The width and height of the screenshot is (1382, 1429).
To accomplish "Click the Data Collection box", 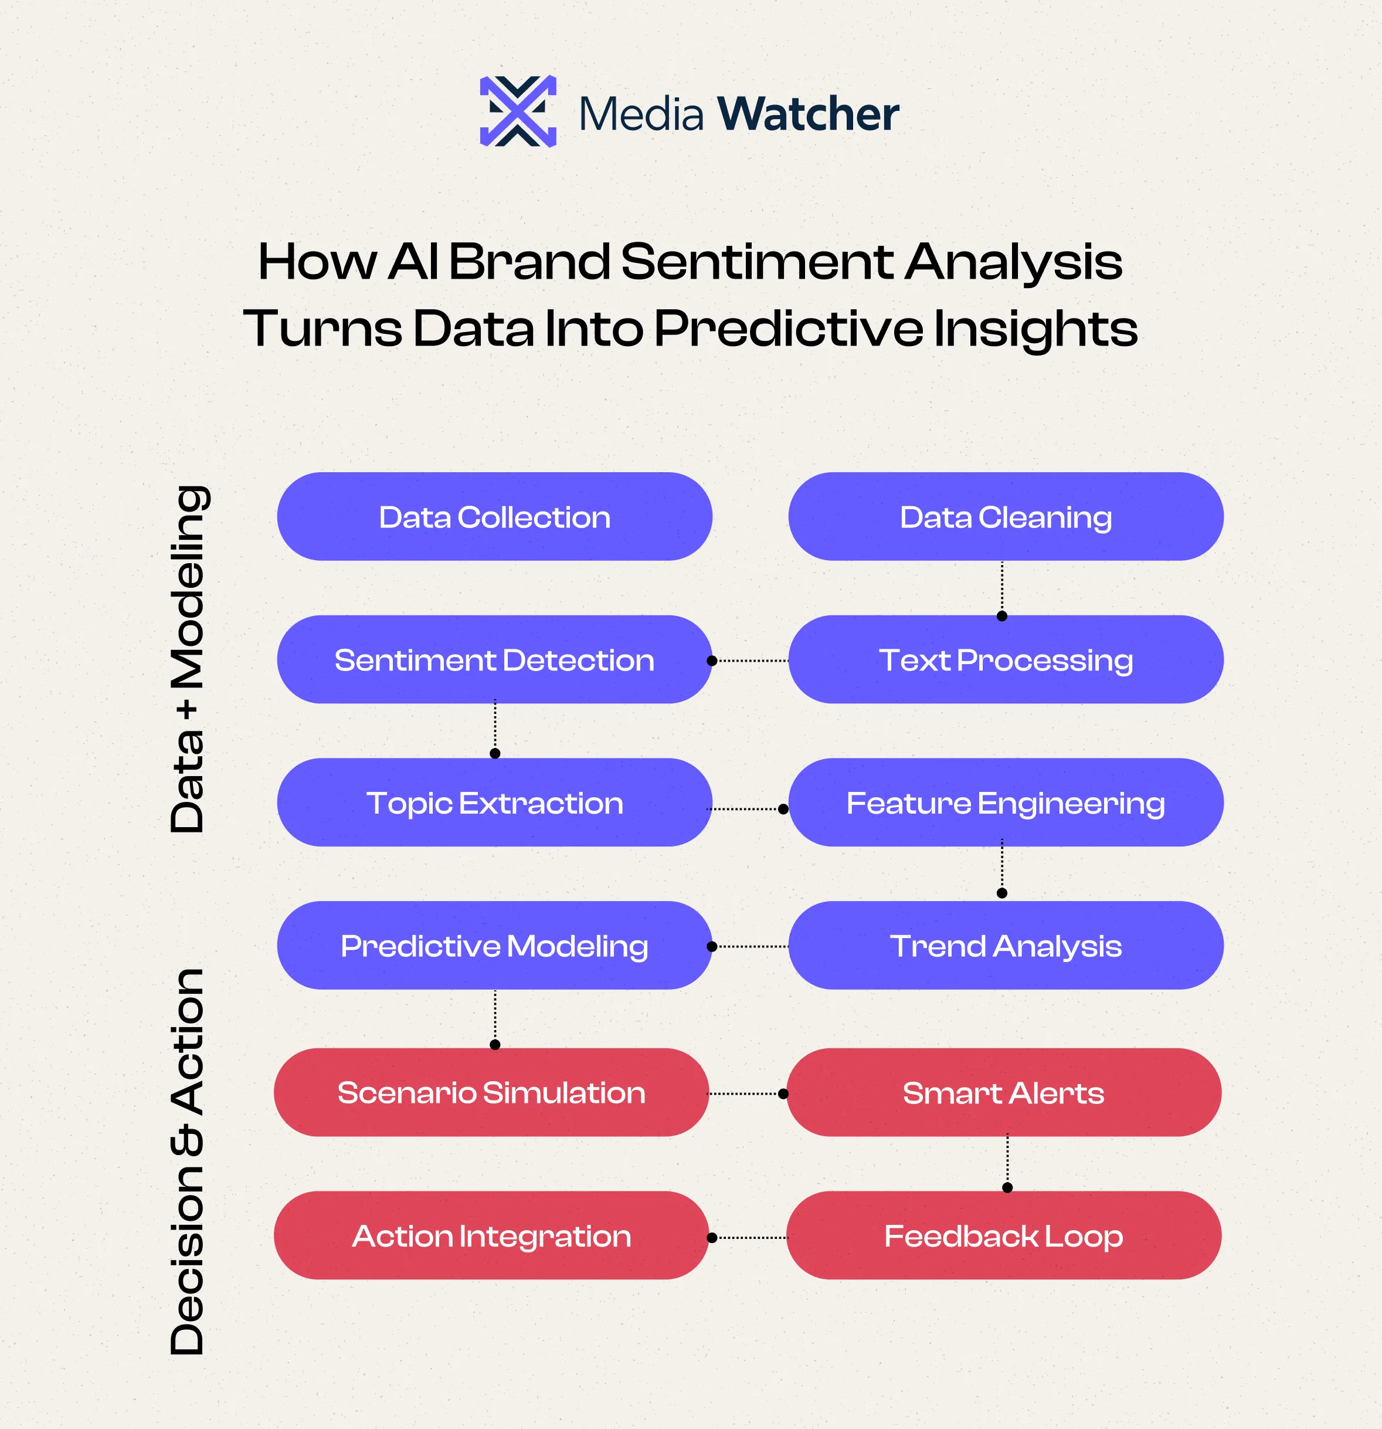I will coord(494,517).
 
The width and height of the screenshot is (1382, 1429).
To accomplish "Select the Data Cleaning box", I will coord(1005,517).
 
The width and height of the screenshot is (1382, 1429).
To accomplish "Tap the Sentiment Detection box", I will coord(494,660).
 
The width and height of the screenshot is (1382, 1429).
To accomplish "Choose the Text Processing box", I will coord(1005,660).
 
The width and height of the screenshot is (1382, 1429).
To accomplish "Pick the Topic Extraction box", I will coord(494,802).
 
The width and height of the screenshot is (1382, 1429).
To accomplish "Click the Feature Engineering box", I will coord(1005,802).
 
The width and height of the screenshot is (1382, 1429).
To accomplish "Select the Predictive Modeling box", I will coord(494,946).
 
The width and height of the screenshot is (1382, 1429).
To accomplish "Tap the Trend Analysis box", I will coord(1005,946).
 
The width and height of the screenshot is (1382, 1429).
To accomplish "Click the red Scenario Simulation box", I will coord(491,1092).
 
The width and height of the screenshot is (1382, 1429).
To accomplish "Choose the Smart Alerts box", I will coord(1003,1092).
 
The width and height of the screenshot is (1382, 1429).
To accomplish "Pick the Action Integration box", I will coord(491,1236).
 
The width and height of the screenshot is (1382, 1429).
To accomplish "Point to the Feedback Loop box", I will coord(1003,1236).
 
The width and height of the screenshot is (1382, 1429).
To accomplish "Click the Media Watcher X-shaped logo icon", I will coord(518,111).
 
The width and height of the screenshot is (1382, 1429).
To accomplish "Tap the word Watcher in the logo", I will coord(807,114).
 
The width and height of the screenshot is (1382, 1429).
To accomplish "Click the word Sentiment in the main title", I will coord(756,261).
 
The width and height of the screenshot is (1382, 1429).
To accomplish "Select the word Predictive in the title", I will coord(788,328).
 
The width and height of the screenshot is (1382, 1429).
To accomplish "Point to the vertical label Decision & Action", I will coord(188,1161).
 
